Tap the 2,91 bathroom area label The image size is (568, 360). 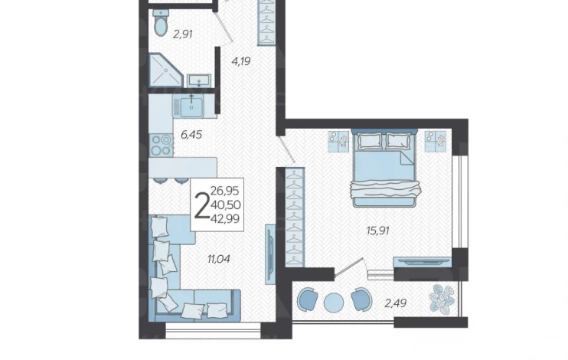click(182, 34)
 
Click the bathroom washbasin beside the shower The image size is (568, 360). click(199, 80)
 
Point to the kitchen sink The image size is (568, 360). click(191, 106)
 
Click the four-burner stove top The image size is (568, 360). click(162, 145)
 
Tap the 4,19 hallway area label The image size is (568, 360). click(241, 61)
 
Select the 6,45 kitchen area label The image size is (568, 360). click(191, 135)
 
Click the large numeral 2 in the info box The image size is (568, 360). click(202, 205)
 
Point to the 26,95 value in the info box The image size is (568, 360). click(225, 191)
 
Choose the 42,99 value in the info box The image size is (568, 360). click(225, 218)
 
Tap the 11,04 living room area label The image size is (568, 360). click(219, 259)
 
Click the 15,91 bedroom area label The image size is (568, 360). click(378, 231)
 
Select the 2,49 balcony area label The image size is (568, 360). click(395, 303)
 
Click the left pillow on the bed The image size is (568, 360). click(370, 141)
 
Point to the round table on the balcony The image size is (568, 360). click(334, 303)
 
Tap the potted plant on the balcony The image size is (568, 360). click(442, 299)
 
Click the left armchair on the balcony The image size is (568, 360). click(308, 299)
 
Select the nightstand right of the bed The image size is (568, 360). click(436, 141)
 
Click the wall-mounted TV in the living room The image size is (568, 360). click(270, 254)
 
